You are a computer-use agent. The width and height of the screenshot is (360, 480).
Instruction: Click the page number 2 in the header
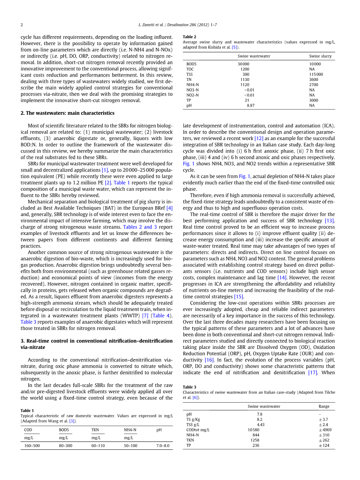pos(22,25)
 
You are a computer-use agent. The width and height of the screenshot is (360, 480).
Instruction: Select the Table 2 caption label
pos(190,37)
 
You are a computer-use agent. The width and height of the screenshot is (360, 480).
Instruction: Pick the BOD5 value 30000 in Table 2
pos(243,64)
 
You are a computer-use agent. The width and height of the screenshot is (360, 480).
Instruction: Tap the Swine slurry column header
pos(320,56)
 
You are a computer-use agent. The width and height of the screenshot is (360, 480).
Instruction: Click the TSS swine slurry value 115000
pos(316,74)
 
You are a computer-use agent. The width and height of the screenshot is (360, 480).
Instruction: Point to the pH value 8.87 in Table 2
pos(251,105)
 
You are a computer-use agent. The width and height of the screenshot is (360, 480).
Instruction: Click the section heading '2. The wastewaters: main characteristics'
pos(67,113)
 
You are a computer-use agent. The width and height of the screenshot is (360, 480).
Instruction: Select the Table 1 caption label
pos(27,411)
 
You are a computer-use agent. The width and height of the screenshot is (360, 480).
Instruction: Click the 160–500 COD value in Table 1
pos(32,446)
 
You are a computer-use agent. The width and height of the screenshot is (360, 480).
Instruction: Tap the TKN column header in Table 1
pos(95,430)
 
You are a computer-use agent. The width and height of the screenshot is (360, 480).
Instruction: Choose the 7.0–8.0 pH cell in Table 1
pos(163,446)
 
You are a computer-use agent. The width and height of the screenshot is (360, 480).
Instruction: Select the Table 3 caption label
pos(190,387)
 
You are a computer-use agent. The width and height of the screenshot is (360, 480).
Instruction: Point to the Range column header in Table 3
pos(324,406)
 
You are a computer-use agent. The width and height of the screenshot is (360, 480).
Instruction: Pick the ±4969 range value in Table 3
pos(325,430)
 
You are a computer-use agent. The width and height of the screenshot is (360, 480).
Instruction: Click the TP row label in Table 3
pos(189,445)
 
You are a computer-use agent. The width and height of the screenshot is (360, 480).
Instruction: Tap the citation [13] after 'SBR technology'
pos(329,221)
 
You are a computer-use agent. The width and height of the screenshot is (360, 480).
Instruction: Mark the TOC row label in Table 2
pos(190,69)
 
